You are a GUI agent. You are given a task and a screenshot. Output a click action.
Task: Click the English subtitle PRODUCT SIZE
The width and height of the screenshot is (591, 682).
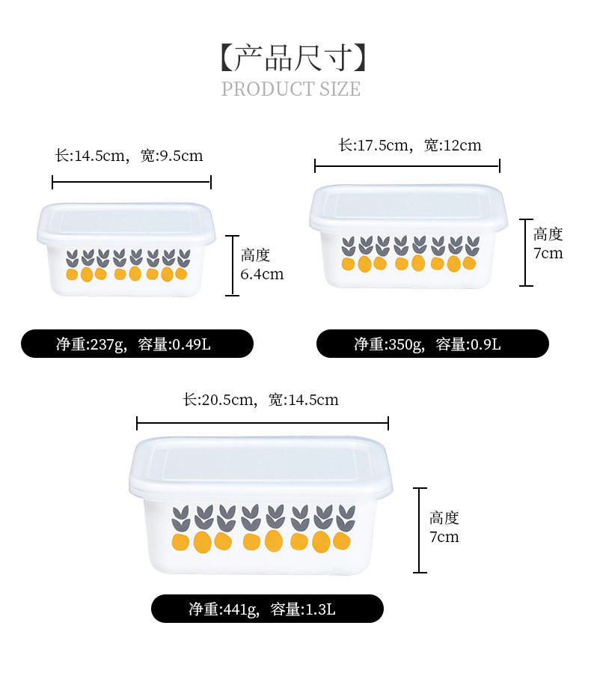click(291, 89)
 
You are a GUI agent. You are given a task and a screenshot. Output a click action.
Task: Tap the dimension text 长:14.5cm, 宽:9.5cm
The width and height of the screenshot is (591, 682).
click(129, 156)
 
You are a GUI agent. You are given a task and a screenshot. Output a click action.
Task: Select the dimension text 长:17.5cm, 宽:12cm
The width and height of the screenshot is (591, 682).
click(409, 145)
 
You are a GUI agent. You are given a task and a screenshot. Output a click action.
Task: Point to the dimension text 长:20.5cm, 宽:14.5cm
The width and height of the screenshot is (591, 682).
click(260, 400)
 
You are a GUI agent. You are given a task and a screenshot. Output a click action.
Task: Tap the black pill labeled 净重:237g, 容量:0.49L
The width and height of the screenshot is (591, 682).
click(138, 344)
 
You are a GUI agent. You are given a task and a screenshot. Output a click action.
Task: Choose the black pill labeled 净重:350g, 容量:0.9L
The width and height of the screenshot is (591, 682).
click(432, 344)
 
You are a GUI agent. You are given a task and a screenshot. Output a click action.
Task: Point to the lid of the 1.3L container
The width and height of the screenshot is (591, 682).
click(261, 464)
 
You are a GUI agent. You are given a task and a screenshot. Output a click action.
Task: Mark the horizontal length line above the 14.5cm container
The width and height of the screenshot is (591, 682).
click(132, 182)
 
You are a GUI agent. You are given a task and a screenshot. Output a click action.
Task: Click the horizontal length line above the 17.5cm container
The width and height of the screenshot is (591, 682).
click(407, 166)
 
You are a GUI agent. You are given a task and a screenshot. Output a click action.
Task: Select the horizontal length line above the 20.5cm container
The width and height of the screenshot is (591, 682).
click(263, 424)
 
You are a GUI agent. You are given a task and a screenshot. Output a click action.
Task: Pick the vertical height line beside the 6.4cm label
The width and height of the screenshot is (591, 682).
click(232, 265)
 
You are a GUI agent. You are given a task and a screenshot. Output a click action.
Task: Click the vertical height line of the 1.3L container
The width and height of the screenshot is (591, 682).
click(420, 530)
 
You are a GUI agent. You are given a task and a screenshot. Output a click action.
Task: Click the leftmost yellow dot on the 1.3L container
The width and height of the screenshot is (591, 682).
click(180, 541)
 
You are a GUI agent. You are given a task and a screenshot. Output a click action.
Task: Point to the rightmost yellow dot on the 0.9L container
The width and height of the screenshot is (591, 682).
click(469, 263)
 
